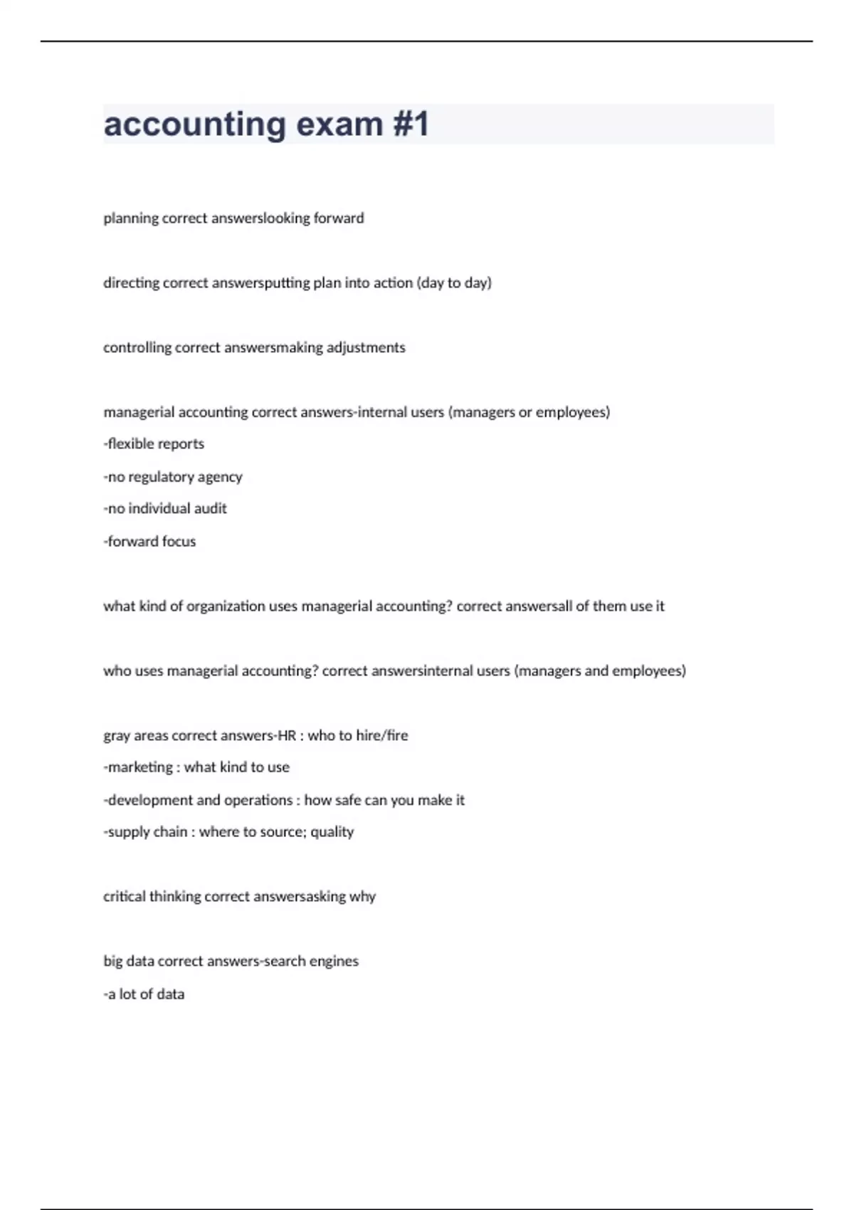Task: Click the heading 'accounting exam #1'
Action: coord(266,125)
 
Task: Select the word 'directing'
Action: coord(132,283)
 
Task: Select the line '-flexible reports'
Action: coord(154,444)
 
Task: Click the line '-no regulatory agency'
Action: coord(173,477)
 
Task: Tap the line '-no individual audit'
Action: coord(165,509)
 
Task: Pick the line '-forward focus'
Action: coord(149,542)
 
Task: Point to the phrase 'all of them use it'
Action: coord(610,606)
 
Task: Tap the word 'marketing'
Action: coord(140,768)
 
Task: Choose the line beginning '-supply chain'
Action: coord(228,832)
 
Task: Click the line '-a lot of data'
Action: coord(144,994)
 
